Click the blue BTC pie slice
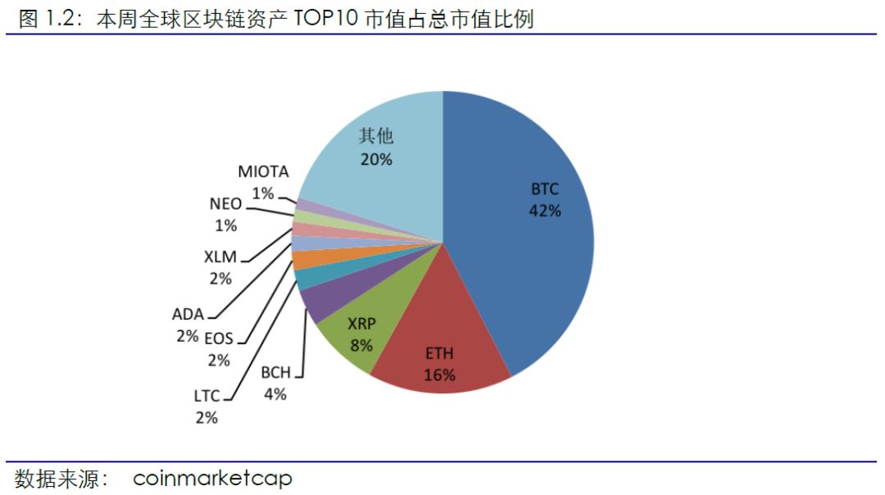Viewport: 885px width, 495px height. pyautogui.click(x=524, y=246)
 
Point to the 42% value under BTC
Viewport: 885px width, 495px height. pyautogui.click(x=544, y=211)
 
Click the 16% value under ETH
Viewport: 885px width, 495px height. pyautogui.click(x=439, y=375)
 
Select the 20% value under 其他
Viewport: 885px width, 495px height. pyautogui.click(x=376, y=159)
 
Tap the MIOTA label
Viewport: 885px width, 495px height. pyautogui.click(x=264, y=172)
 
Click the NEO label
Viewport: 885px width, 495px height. pyautogui.click(x=225, y=205)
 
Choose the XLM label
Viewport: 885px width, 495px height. pyautogui.click(x=220, y=257)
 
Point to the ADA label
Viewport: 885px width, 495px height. pyautogui.click(x=187, y=314)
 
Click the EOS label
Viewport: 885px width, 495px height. pyautogui.click(x=218, y=337)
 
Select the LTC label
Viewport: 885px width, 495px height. pyautogui.click(x=206, y=396)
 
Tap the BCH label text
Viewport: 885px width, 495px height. pyautogui.click(x=275, y=373)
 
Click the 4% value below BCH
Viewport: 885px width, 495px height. pyautogui.click(x=275, y=394)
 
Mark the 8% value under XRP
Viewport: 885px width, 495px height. pyautogui.click(x=361, y=345)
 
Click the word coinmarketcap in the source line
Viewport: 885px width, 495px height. pyautogui.click(x=212, y=478)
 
